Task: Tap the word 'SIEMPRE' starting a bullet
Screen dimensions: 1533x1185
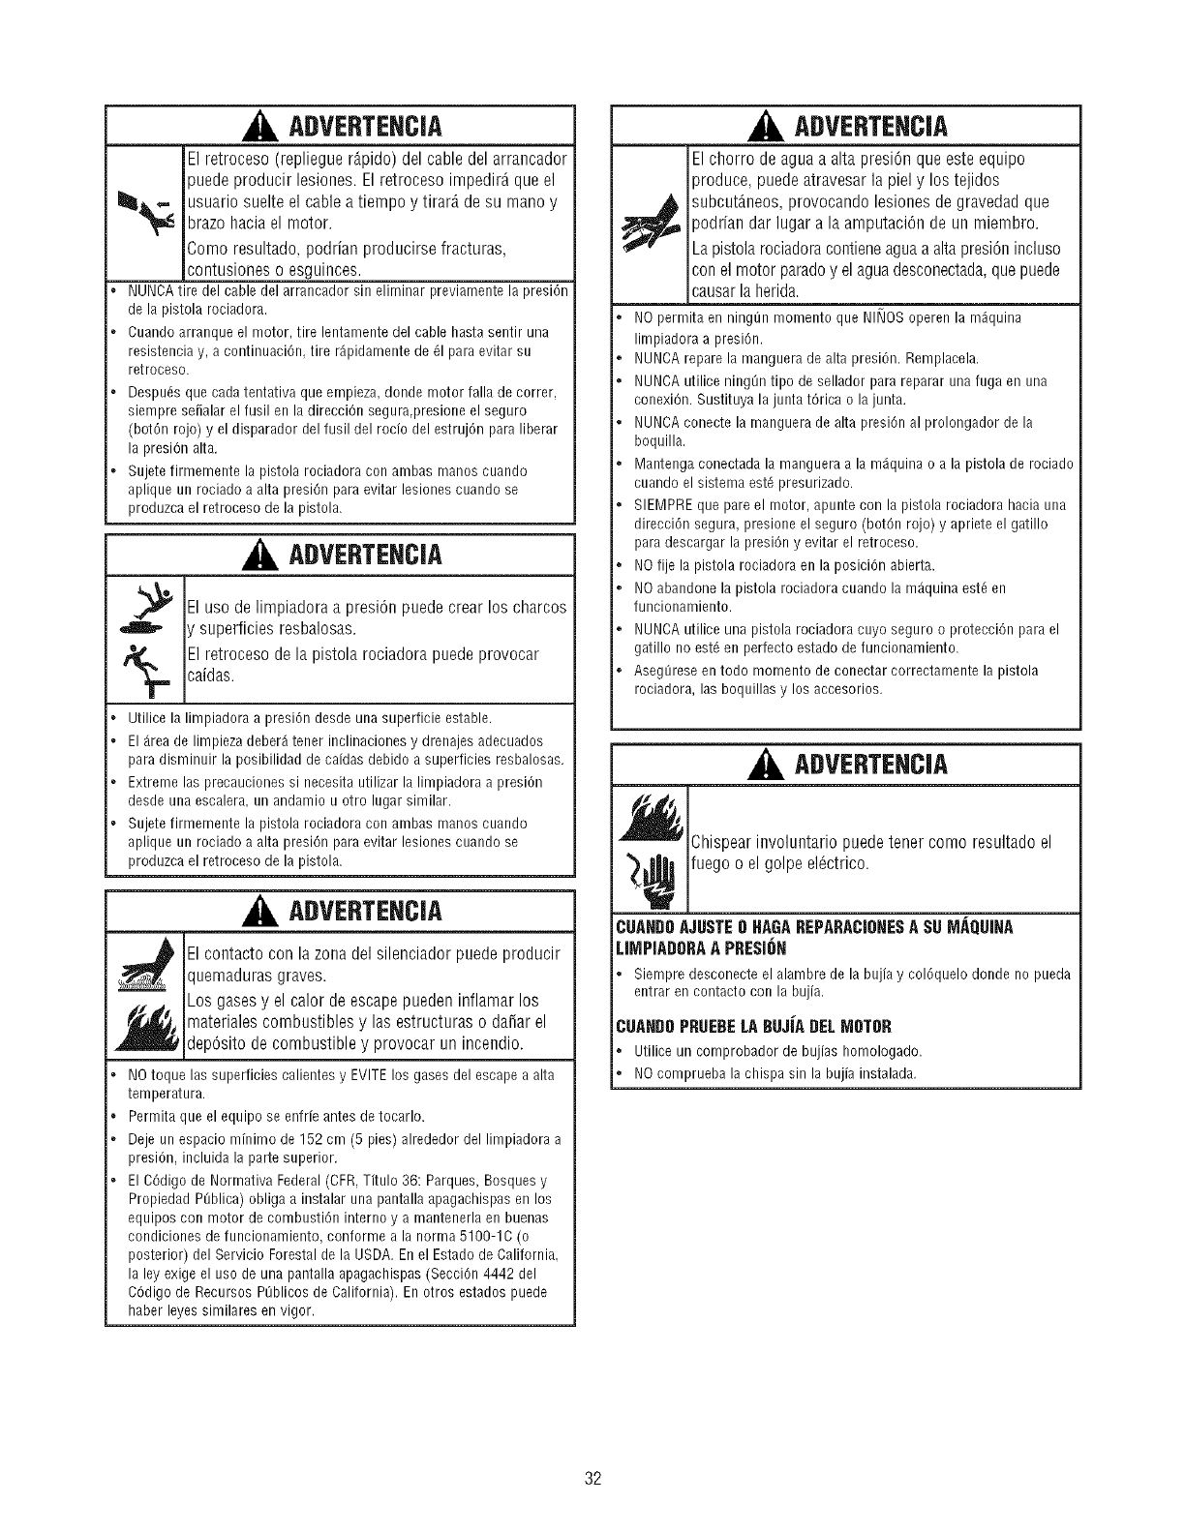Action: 660,504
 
